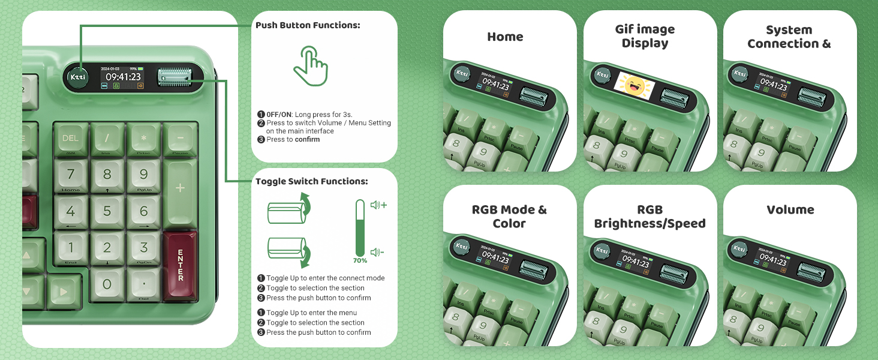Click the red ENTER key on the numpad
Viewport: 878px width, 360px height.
[x=180, y=265]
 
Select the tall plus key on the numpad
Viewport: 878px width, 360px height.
[x=180, y=188]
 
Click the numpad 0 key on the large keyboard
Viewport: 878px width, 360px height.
[x=107, y=284]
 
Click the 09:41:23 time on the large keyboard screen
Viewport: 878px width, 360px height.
[x=123, y=77]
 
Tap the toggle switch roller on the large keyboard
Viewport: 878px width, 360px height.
[x=174, y=77]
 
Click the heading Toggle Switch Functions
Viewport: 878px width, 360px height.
[x=311, y=181]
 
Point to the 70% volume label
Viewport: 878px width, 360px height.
[x=360, y=261]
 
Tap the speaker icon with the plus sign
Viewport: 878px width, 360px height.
[x=378, y=205]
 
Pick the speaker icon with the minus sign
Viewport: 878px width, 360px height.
[x=377, y=253]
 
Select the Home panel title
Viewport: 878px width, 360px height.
[x=505, y=37]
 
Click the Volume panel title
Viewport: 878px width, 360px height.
[x=790, y=210]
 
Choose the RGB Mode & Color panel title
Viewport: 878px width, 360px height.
[x=509, y=217]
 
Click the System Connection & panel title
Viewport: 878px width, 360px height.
[x=789, y=37]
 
